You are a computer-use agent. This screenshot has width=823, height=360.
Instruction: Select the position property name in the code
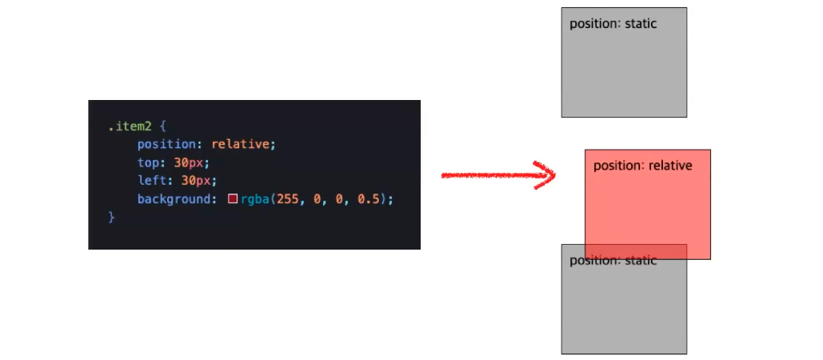pos(169,145)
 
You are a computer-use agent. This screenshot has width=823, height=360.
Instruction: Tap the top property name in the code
pos(149,162)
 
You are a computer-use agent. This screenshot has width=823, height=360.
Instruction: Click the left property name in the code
pos(152,181)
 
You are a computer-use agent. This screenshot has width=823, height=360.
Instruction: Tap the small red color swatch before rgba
pos(233,198)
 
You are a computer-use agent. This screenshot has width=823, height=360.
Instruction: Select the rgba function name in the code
pos(255,198)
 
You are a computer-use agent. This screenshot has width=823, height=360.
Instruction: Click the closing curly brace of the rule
pos(112,217)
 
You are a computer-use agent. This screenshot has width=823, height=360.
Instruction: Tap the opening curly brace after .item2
pos(162,126)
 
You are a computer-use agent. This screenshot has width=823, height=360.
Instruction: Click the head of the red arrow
pos(545,174)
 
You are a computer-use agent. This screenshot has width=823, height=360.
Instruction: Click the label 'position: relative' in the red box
pos(642,166)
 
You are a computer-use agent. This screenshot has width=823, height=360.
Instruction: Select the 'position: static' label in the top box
pos(613,24)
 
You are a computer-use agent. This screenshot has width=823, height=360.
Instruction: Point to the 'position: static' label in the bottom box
pos(613,261)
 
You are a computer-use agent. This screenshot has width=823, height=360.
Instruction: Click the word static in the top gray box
pos(641,24)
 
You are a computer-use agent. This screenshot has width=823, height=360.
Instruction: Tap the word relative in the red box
pos(670,166)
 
